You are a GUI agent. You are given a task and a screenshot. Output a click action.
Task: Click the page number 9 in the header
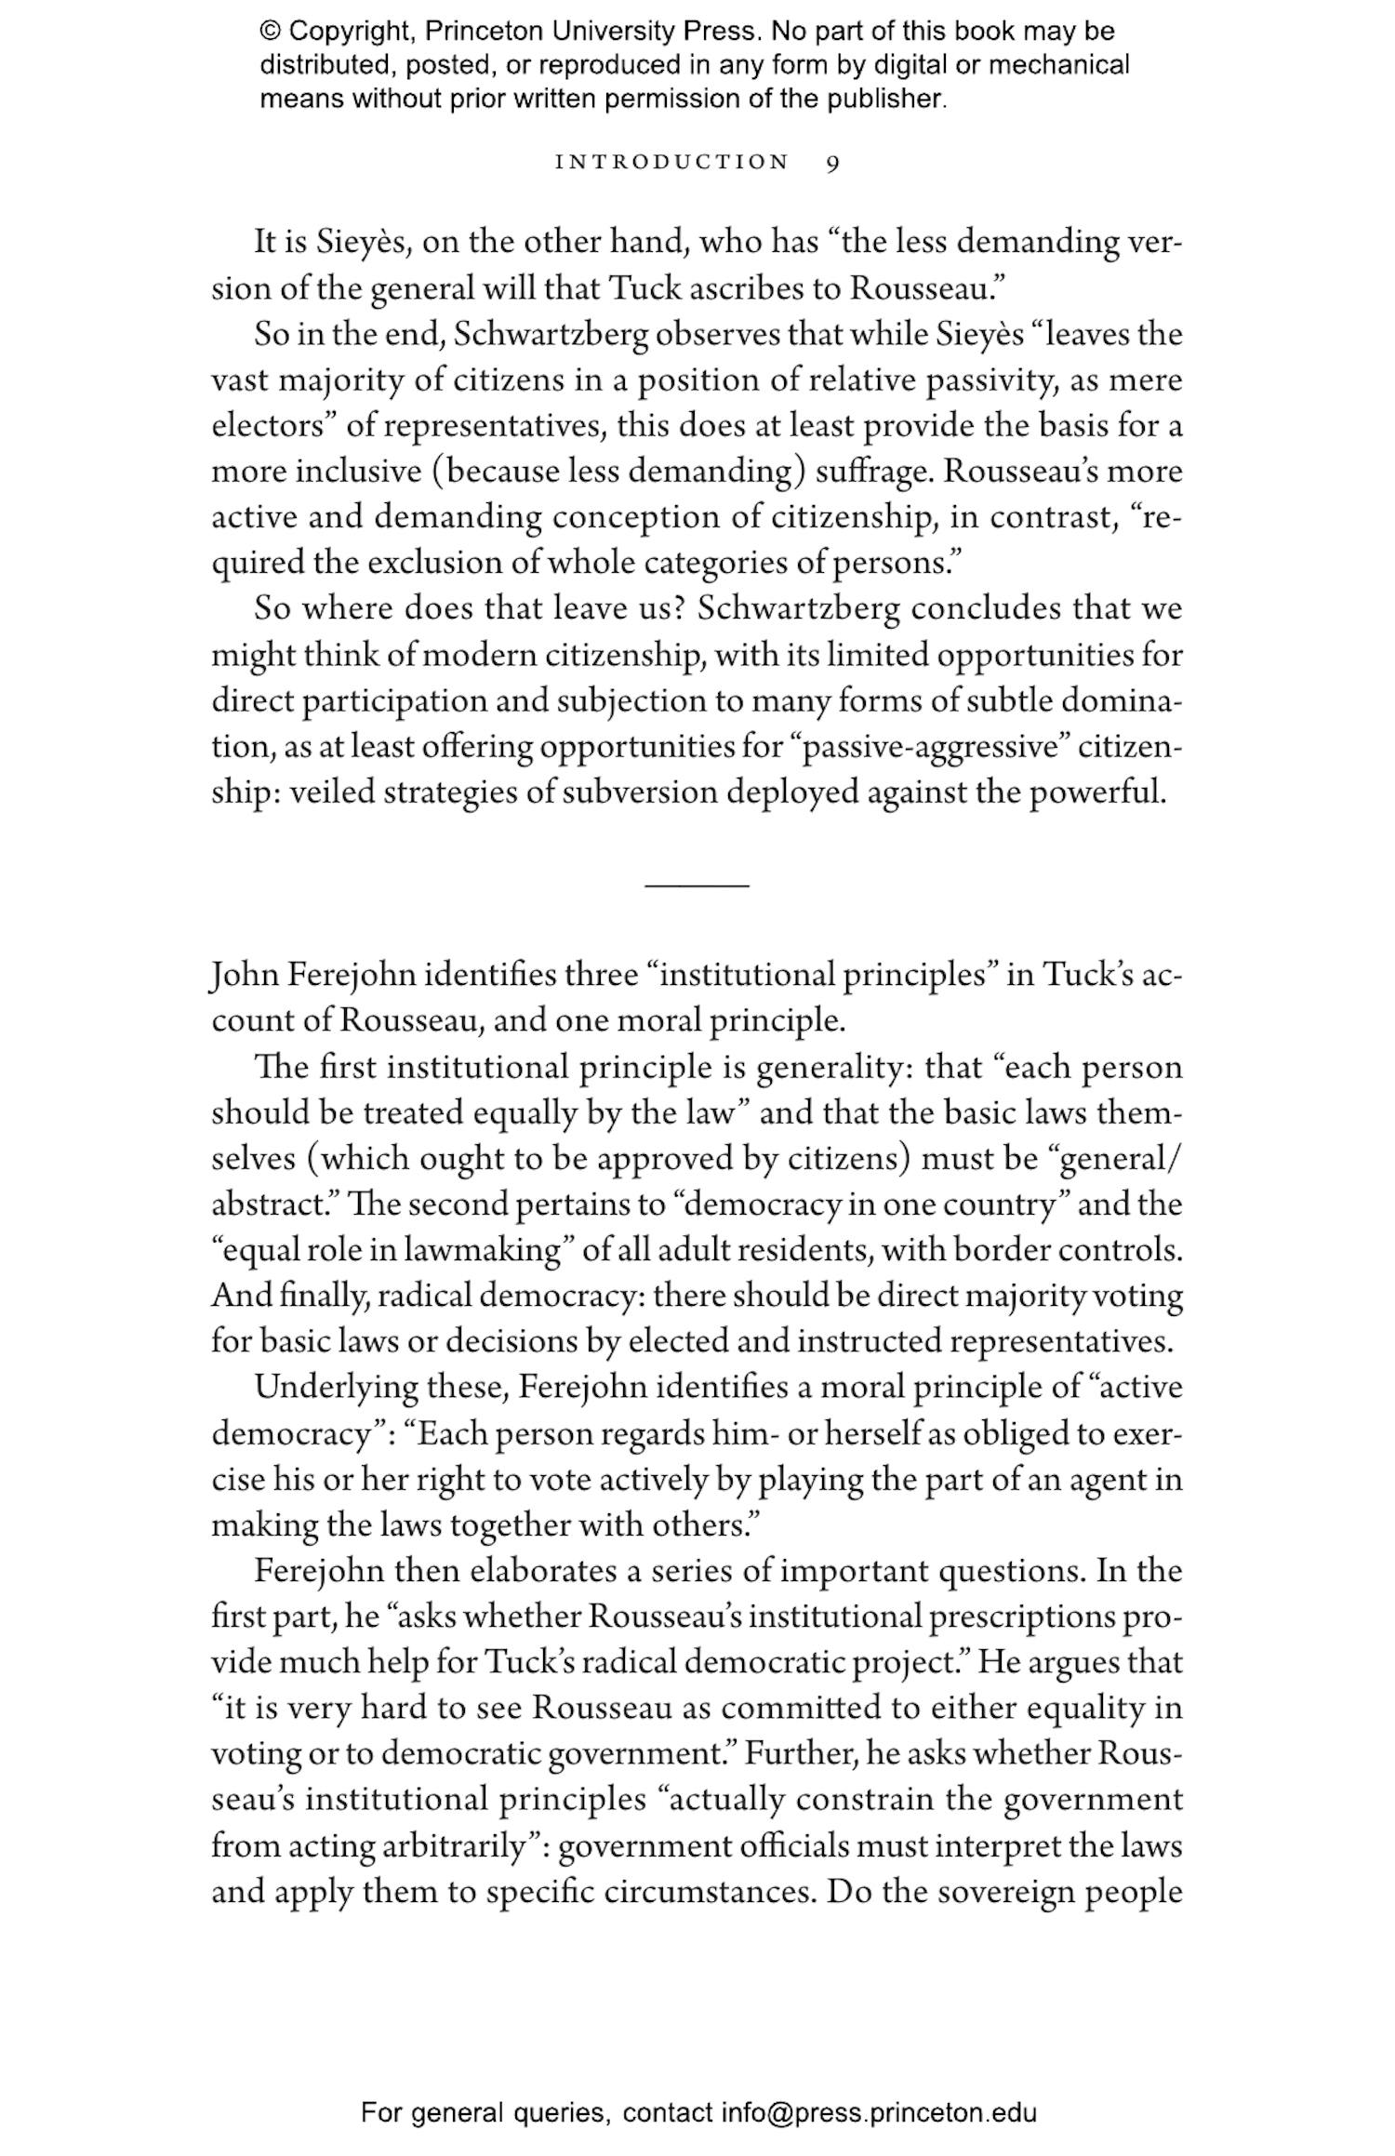coord(832,163)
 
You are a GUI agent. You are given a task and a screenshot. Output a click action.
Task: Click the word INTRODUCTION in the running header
coord(671,163)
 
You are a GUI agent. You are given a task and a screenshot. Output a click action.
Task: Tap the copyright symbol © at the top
coord(270,32)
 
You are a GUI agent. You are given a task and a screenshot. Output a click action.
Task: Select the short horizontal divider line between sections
coord(697,885)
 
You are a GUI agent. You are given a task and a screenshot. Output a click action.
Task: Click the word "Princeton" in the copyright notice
coord(483,32)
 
